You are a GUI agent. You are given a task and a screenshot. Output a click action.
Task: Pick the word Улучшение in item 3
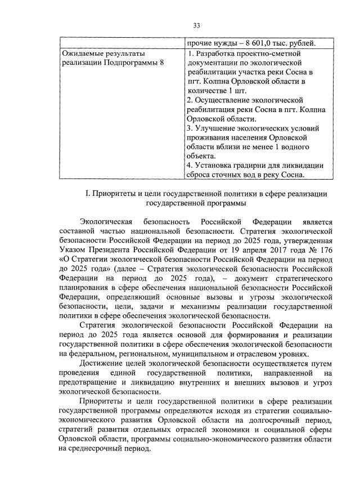click(213, 127)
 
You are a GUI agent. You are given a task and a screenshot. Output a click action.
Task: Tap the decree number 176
click(326, 249)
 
